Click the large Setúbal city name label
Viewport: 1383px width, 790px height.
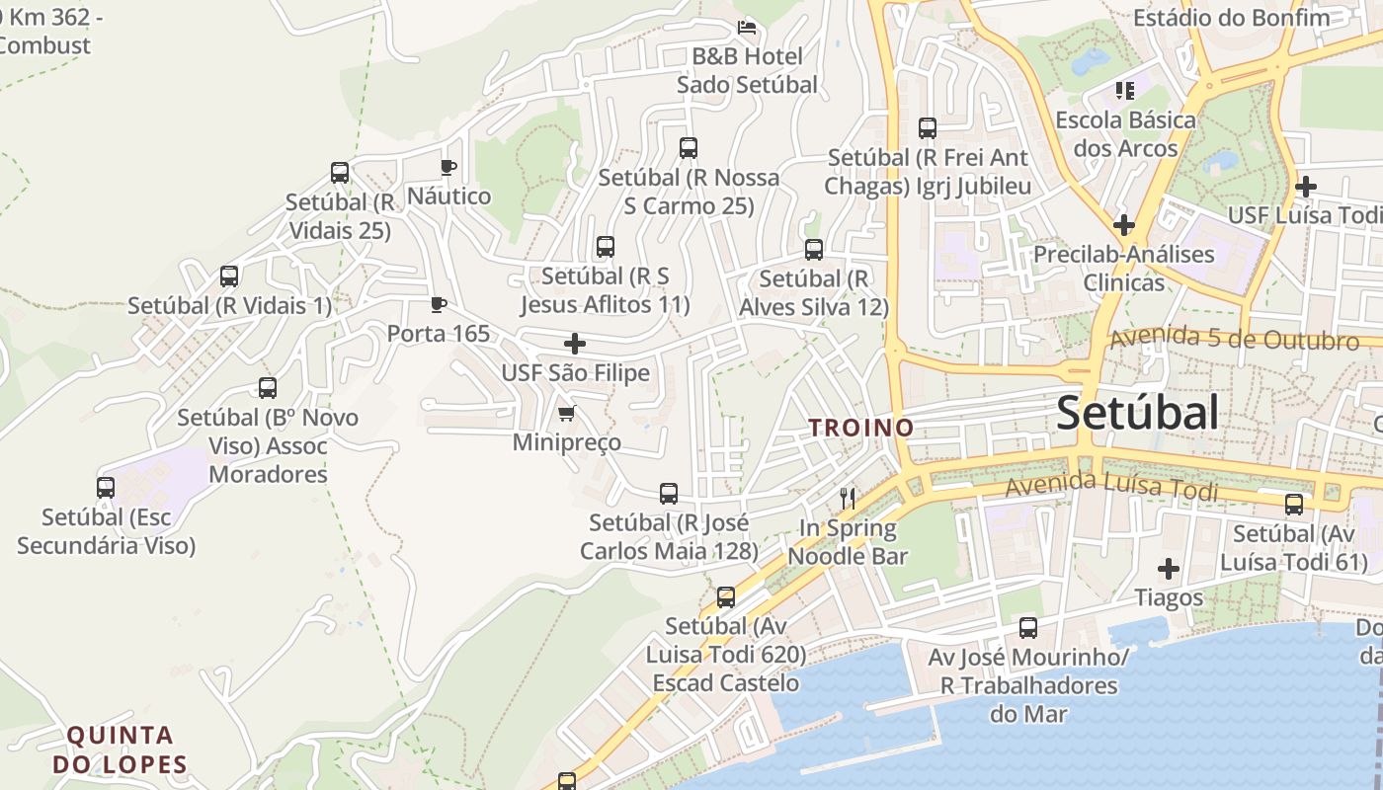[x=1137, y=413]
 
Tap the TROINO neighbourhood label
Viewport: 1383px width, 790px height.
[x=861, y=428]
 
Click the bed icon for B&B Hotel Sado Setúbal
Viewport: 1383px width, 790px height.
[x=747, y=28]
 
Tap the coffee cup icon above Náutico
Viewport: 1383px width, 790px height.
[x=448, y=167]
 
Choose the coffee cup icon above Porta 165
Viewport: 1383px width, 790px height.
[x=439, y=304]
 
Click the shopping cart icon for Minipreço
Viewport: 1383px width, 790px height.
[x=566, y=413]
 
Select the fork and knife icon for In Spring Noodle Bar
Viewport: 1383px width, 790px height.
[x=847, y=498]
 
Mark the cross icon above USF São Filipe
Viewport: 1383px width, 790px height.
[x=575, y=344]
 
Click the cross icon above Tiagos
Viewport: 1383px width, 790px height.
[x=1169, y=569]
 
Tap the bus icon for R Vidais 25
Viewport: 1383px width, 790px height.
[x=340, y=173]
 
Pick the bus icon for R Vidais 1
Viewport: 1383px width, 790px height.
[x=229, y=276]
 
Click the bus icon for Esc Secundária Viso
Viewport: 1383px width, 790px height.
[x=106, y=488]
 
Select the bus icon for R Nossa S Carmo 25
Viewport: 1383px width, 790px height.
[x=689, y=148]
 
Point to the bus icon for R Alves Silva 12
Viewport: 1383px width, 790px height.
[x=814, y=250]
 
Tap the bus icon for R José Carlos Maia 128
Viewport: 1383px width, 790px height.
[x=669, y=494]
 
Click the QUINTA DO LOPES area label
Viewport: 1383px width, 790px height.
[x=121, y=750]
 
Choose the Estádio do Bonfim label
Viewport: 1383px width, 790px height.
[x=1231, y=18]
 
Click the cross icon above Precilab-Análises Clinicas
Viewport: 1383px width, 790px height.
[x=1123, y=225]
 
